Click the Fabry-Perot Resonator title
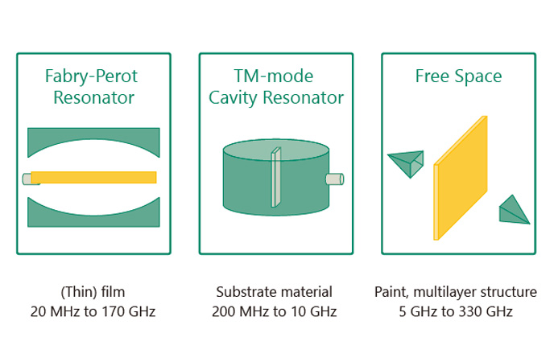(x=92, y=86)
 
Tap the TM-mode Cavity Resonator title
(x=276, y=86)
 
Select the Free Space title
(x=458, y=76)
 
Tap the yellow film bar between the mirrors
(x=93, y=177)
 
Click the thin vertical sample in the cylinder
(x=276, y=177)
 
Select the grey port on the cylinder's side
(x=335, y=179)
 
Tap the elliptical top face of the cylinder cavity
(x=276, y=150)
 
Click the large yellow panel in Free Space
(x=461, y=178)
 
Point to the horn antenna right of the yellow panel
(x=513, y=211)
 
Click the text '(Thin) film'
(x=93, y=292)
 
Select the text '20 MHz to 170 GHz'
(x=93, y=311)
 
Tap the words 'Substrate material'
(x=274, y=292)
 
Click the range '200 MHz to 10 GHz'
(x=274, y=311)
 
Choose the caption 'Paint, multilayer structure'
(x=456, y=292)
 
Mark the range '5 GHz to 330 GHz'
(x=456, y=311)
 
